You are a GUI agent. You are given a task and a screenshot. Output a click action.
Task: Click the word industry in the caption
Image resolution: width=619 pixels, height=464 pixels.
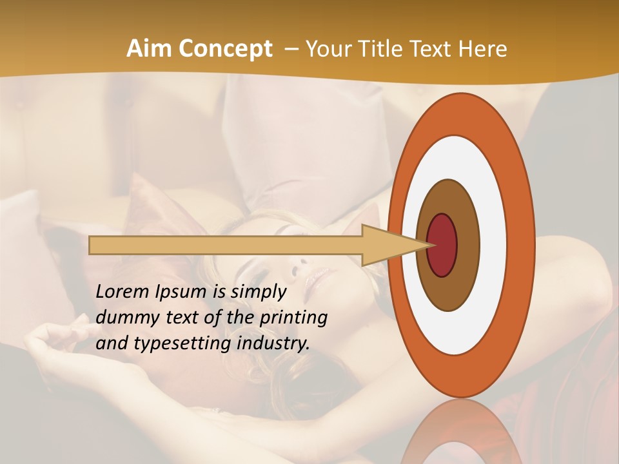[x=273, y=343]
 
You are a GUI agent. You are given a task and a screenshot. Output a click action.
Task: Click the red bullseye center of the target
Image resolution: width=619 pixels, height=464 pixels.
[x=443, y=245]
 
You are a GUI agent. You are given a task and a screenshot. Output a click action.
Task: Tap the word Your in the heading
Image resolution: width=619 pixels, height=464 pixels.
[x=328, y=49]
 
